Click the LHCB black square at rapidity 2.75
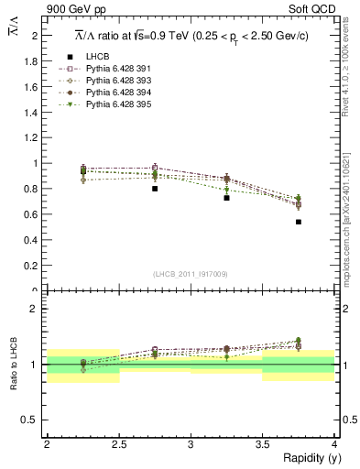point(155,189)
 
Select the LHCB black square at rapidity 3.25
point(226,198)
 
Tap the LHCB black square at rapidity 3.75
point(299,222)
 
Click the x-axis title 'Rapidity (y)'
point(306,458)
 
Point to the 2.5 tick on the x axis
point(118,444)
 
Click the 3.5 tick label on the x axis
point(262,444)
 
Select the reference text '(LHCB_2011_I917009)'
point(190,274)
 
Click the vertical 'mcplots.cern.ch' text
point(349,234)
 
